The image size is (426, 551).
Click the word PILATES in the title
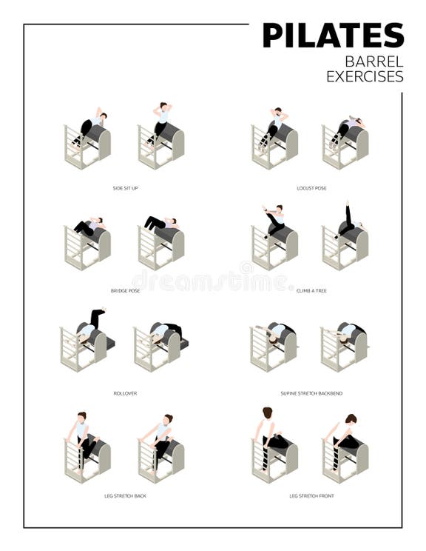coord(333,36)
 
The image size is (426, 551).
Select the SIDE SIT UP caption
coord(125,188)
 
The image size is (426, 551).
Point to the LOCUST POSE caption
coord(311,188)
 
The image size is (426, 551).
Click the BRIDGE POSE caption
coord(125,291)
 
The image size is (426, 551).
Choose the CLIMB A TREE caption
coord(311,291)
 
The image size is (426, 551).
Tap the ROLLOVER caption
coord(125,393)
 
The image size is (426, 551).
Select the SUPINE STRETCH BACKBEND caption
coord(311,393)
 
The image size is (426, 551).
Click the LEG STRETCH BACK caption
coord(125,495)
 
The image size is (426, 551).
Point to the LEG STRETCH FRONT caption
coord(311,495)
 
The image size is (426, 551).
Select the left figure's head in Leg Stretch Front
coord(268,413)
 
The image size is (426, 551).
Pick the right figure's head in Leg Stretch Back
coord(169,419)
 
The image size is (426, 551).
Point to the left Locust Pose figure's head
coord(277,112)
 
